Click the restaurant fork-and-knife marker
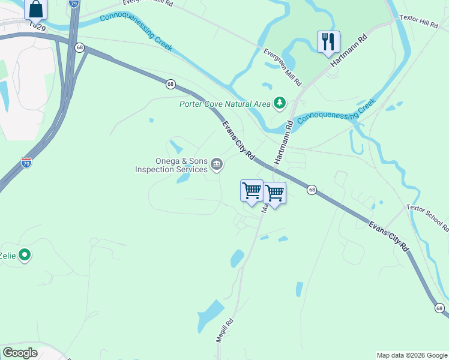(328, 41)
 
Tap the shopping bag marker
(36, 9)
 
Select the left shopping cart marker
(252, 190)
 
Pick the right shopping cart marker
(274, 193)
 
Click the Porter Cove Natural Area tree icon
(279, 104)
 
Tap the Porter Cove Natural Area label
(225, 104)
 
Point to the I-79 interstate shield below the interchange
(26, 162)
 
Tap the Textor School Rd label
(428, 217)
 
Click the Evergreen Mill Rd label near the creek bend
(283, 65)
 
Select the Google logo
(20, 353)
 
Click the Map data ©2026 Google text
(411, 355)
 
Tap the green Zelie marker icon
(25, 256)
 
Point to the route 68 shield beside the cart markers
(312, 190)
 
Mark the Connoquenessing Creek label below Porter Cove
(336, 111)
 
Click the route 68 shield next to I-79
(79, 47)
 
